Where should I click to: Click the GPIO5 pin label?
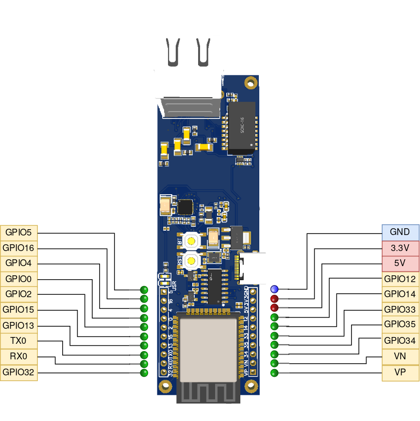coord(18,232)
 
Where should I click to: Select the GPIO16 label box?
coord(18,248)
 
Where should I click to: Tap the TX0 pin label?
coord(18,341)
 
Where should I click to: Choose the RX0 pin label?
coord(18,356)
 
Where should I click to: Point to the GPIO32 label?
coord(18,372)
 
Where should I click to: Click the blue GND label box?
coord(400,232)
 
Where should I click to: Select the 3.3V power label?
coord(400,248)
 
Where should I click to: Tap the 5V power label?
coord(400,263)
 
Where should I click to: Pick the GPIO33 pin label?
coord(400,309)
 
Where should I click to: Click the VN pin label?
coord(400,356)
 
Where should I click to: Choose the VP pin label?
coord(400,372)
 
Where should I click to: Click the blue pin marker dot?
coord(274,289)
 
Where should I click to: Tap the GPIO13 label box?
coord(18,325)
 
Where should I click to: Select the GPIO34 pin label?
coord(400,341)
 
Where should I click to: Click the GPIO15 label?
coord(18,309)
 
